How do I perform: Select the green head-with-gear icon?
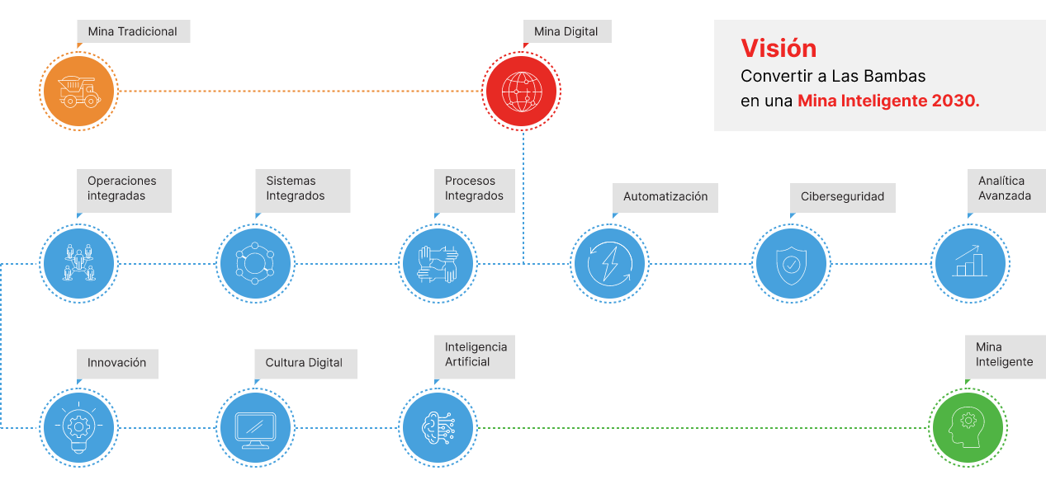[968, 427]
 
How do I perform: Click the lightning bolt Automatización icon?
[610, 264]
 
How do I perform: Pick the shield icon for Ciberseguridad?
[792, 264]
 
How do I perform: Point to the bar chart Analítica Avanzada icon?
[969, 264]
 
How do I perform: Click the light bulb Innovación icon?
[79, 427]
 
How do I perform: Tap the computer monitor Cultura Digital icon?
[256, 427]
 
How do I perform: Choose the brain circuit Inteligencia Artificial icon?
[438, 427]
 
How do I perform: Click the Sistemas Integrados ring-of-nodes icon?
[255, 264]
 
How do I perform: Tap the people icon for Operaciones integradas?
[79, 264]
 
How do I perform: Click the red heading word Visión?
[778, 48]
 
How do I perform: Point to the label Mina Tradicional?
[133, 31]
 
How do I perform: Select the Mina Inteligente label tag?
[1004, 355]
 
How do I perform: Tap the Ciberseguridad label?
[842, 196]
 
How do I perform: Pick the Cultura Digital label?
[304, 363]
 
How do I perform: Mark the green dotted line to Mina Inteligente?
[702, 427]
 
